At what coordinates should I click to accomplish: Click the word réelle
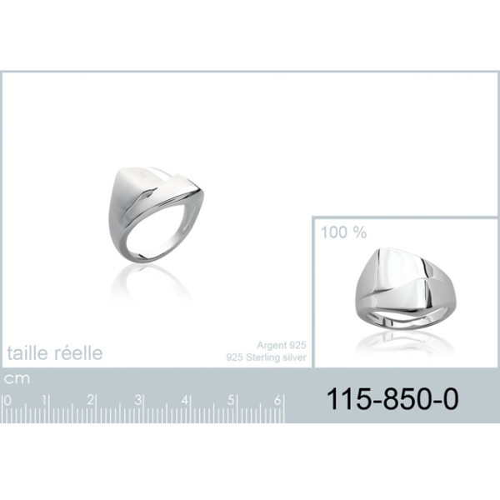[78, 353]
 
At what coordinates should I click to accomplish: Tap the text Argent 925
[282, 345]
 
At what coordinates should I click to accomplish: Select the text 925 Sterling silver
[267, 357]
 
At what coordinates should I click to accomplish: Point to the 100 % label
[343, 232]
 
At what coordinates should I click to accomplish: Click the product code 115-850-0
[392, 399]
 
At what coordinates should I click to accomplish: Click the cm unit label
[17, 379]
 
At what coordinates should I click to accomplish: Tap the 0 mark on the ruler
[7, 401]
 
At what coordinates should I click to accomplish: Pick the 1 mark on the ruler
[44, 401]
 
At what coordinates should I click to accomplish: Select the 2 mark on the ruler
[91, 400]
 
